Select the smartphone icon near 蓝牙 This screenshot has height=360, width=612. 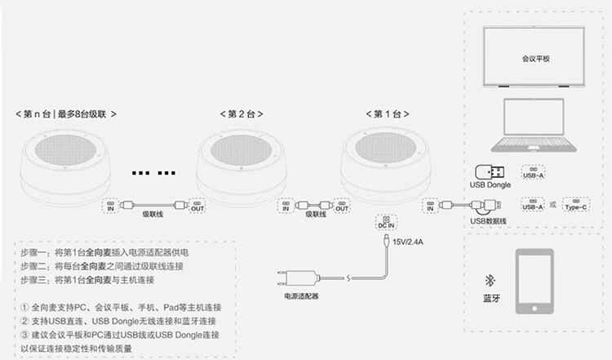point(536,281)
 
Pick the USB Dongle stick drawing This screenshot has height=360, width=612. point(491,172)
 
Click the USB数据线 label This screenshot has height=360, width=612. point(489,221)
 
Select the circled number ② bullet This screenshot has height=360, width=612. point(25,322)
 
